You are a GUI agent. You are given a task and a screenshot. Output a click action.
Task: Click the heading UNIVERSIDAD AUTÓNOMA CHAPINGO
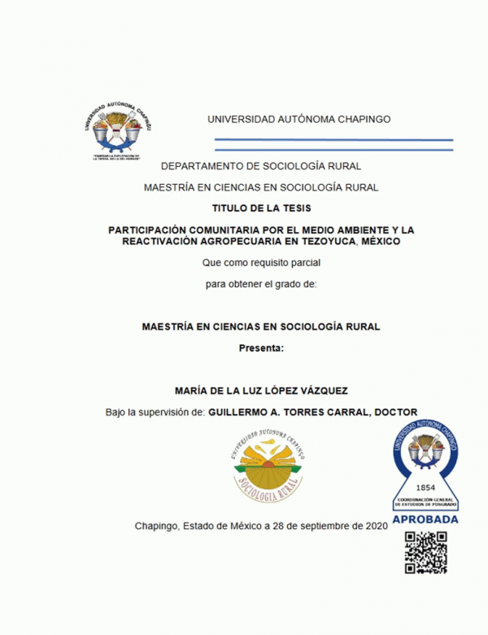[x=298, y=119]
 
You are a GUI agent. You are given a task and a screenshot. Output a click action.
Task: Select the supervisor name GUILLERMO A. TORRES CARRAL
[x=285, y=412]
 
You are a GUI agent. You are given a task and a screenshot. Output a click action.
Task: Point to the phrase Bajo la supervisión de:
[x=155, y=412]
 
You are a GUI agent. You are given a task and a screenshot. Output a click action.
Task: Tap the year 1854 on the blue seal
[x=425, y=488]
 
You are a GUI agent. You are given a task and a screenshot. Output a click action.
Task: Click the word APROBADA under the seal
[x=425, y=519]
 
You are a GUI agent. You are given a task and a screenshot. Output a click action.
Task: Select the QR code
[x=425, y=553]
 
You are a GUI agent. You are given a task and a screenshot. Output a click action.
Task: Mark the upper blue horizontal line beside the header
[x=333, y=140]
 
